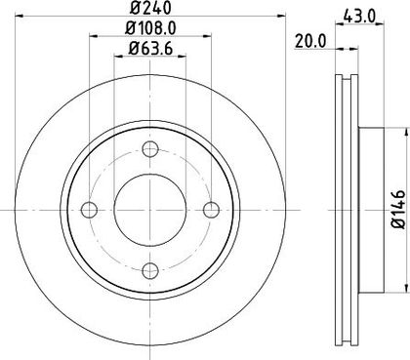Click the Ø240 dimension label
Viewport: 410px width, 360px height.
(149, 8)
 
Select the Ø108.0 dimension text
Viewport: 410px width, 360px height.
(150, 28)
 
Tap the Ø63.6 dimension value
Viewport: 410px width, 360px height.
(150, 49)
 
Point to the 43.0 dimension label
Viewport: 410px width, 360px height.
(359, 16)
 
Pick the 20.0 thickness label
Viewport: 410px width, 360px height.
(310, 41)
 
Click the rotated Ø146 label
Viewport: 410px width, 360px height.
(399, 210)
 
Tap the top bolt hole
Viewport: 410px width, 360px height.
(150, 149)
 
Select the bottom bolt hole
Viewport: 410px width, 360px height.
(150, 270)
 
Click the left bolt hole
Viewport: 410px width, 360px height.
(89, 210)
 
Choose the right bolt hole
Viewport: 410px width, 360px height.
(211, 210)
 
